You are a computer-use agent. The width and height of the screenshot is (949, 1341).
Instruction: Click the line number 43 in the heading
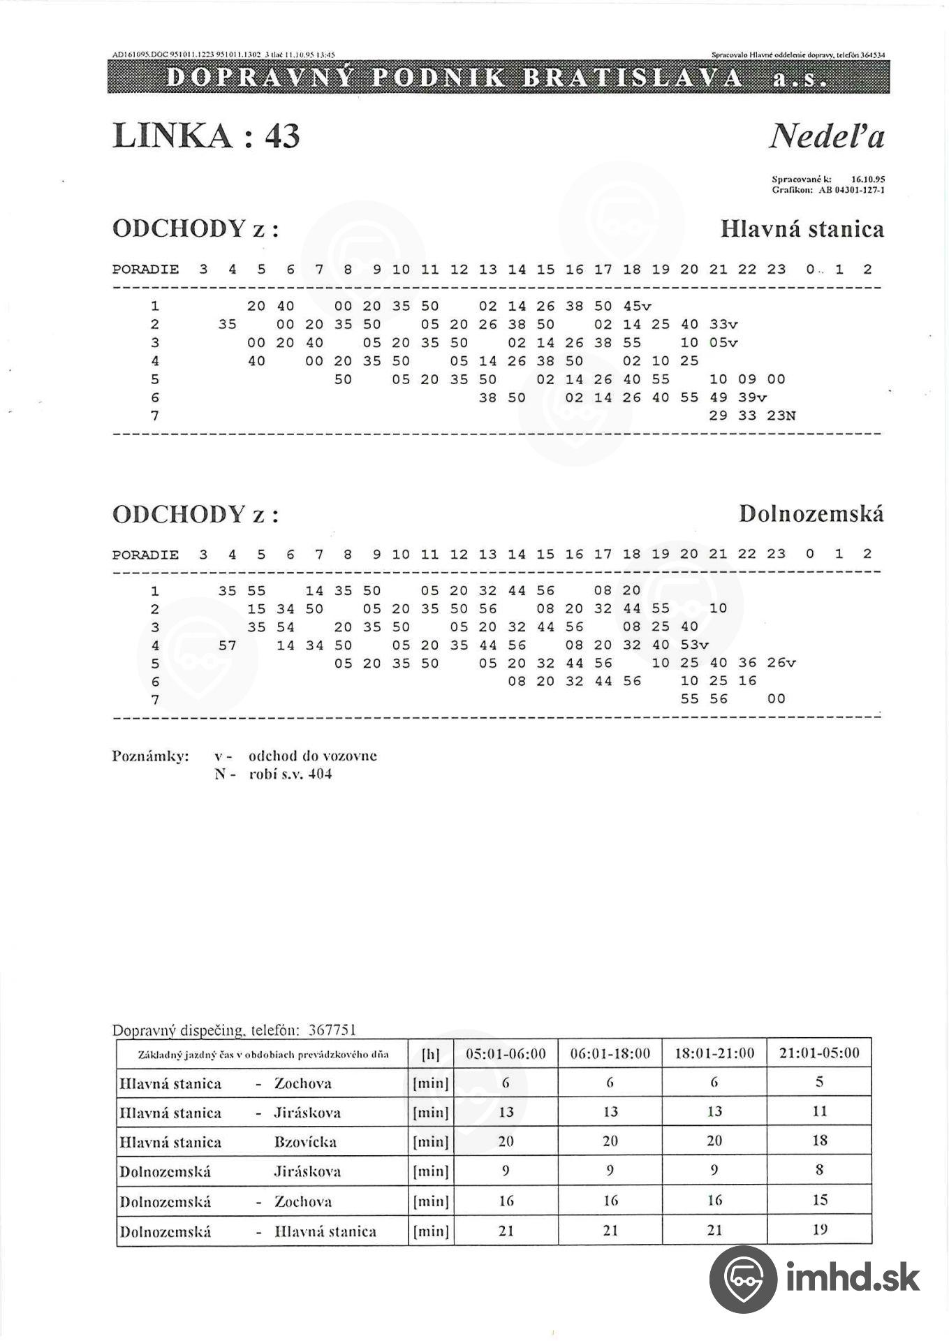point(282,135)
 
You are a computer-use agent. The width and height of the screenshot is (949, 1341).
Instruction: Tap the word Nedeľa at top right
point(827,135)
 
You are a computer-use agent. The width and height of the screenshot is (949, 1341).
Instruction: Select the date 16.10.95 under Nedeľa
point(868,179)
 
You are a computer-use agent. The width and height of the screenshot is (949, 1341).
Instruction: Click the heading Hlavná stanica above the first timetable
point(802,229)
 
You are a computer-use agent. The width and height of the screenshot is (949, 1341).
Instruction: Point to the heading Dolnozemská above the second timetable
point(811,514)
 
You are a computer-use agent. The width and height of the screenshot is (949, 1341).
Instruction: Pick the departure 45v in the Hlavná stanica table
point(637,306)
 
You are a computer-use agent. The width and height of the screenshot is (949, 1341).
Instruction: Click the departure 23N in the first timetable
point(781,416)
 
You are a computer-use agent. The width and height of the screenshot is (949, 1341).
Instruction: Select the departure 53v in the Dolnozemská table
point(694,645)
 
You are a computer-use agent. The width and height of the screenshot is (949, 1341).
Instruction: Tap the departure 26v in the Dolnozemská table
point(781,663)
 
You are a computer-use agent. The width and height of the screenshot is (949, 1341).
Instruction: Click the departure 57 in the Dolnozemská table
point(228,645)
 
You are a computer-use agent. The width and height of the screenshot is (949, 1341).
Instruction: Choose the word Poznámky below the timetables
point(150,756)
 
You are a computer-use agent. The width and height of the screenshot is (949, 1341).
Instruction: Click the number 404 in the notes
point(320,774)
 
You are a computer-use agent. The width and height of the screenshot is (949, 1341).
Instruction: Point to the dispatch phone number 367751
point(332,1030)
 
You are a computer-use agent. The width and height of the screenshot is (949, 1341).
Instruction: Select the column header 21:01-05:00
point(819,1053)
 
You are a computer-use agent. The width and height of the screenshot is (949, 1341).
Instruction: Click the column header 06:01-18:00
point(610,1053)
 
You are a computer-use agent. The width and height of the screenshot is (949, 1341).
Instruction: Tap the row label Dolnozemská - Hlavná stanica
point(248,1231)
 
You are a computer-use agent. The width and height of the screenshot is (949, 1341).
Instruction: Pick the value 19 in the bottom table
point(820,1230)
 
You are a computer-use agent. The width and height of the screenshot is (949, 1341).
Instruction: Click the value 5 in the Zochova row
point(820,1082)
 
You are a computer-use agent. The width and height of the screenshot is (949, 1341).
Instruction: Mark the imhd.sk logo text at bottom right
point(853,1277)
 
